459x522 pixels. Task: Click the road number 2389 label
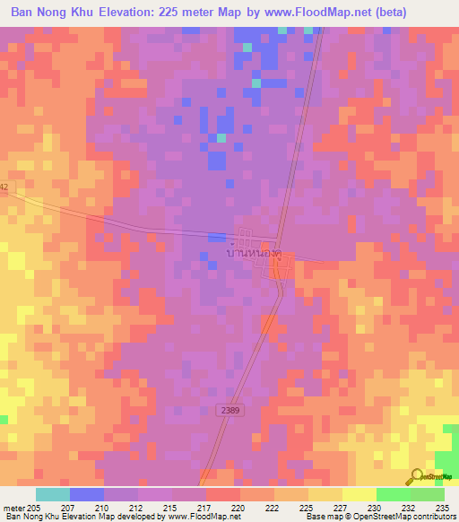(229, 410)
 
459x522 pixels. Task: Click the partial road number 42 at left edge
(4, 187)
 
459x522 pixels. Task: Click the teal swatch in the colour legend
(52, 494)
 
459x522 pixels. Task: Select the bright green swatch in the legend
(393, 494)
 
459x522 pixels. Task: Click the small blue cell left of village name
(216, 237)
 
